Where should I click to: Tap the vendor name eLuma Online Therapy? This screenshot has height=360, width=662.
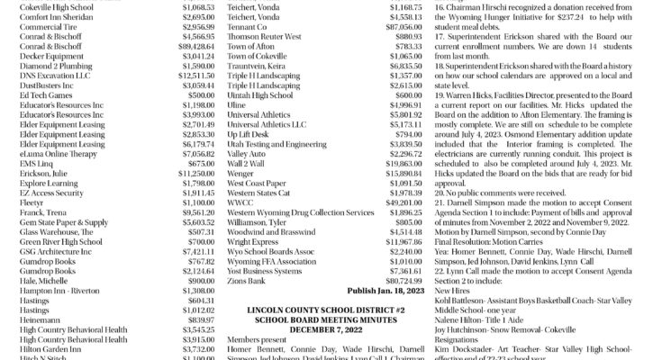coord(50,154)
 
